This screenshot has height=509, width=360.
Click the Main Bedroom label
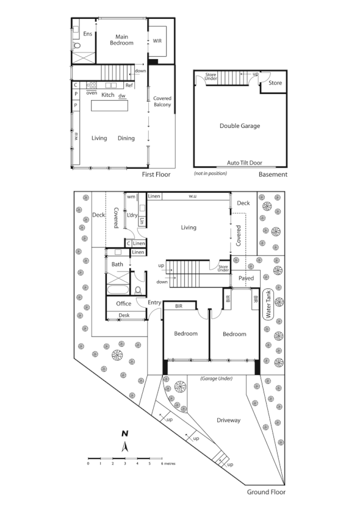(x=121, y=39)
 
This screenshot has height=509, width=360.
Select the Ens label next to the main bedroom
(x=87, y=34)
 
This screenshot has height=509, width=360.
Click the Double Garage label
(x=240, y=126)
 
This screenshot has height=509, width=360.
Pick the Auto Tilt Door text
(x=240, y=163)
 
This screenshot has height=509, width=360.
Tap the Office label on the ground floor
(x=124, y=304)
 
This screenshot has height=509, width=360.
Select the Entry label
(x=154, y=302)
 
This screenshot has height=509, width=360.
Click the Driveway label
(x=229, y=420)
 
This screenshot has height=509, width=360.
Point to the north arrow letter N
(x=124, y=433)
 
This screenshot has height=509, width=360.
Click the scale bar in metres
(x=125, y=457)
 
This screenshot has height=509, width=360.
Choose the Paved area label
(x=246, y=278)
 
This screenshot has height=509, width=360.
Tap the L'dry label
(x=132, y=215)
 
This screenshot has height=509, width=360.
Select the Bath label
(x=118, y=264)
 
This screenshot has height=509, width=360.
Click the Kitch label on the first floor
(x=108, y=95)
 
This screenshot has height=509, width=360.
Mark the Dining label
(x=126, y=138)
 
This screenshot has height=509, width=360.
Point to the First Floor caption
(x=156, y=174)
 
